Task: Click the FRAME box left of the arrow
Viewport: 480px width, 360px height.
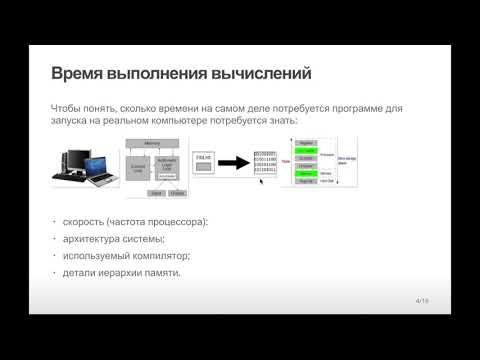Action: [x=205, y=158]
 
